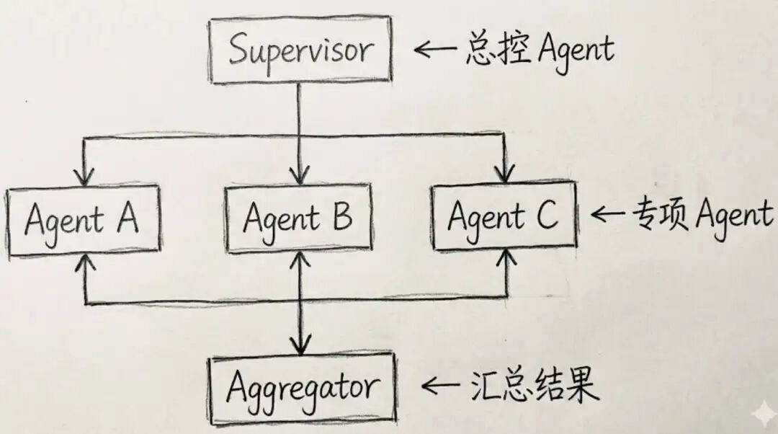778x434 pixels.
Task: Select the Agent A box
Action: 82,221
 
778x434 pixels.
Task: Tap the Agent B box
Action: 298,218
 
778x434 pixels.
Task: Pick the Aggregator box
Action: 302,387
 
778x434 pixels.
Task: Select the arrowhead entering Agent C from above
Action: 505,173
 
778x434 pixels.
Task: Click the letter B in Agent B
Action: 341,216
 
